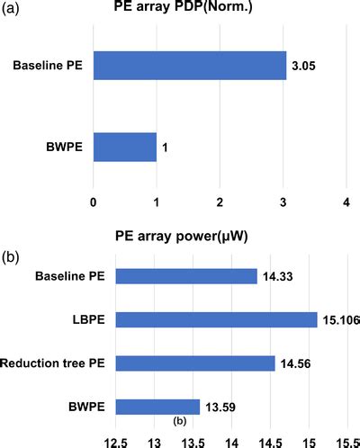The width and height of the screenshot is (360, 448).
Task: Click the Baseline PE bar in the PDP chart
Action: [189, 66]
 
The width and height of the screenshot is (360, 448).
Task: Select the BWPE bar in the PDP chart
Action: [124, 148]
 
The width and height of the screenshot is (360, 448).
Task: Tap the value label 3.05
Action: [302, 67]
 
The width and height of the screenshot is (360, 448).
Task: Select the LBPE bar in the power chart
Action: [216, 319]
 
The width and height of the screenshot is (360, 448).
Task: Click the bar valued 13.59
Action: [157, 406]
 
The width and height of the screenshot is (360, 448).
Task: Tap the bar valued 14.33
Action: [186, 276]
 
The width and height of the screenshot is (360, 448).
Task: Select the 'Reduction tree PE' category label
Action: [54, 363]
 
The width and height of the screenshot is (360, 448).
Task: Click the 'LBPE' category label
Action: [87, 319]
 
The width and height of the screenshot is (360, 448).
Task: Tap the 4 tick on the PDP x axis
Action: [346, 203]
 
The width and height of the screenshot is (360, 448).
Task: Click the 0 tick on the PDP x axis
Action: [94, 203]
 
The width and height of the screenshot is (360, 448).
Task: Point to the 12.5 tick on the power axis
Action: [116, 441]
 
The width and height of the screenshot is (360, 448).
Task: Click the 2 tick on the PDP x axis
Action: [220, 203]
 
